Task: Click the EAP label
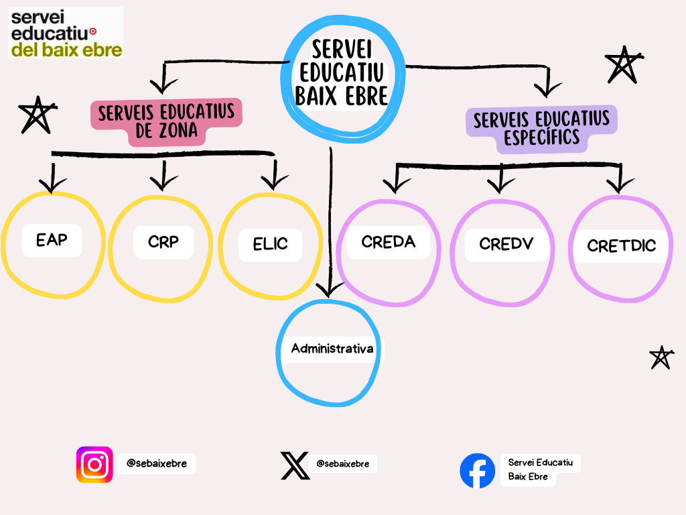(52, 239)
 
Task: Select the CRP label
(163, 241)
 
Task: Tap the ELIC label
(270, 244)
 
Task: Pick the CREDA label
(388, 241)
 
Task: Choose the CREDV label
(506, 243)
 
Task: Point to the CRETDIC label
(621, 245)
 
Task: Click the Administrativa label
(332, 349)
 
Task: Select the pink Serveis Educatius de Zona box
(167, 122)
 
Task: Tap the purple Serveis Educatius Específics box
(541, 129)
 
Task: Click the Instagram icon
(94, 464)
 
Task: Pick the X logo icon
(295, 465)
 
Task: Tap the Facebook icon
(477, 471)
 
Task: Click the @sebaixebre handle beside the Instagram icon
(157, 463)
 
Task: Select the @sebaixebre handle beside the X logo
(342, 463)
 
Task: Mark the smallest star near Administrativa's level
(661, 358)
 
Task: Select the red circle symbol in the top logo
(92, 31)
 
